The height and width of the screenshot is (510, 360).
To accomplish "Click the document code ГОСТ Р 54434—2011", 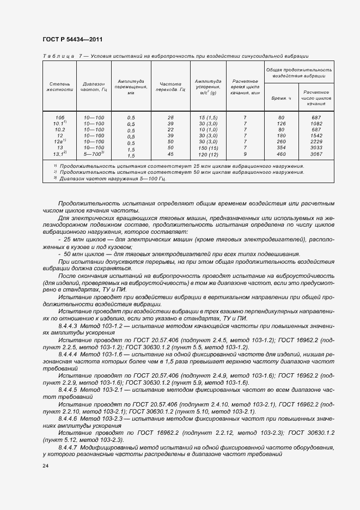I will (72, 39).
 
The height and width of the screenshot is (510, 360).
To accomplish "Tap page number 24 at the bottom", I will (45, 466).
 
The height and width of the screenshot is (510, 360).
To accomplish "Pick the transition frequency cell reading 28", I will (170, 118).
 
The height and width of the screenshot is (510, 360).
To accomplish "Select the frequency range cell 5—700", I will (94, 155).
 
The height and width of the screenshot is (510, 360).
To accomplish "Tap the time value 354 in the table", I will (281, 148).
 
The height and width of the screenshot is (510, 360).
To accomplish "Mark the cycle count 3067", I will (316, 155).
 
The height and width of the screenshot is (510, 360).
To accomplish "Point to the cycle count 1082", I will (316, 124).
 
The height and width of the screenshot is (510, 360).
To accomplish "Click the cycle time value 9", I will (245, 155).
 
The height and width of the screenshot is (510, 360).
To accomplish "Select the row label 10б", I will (60, 118).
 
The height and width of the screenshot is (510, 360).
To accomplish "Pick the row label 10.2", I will (60, 130).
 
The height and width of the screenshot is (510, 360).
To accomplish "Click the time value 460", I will (281, 155).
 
